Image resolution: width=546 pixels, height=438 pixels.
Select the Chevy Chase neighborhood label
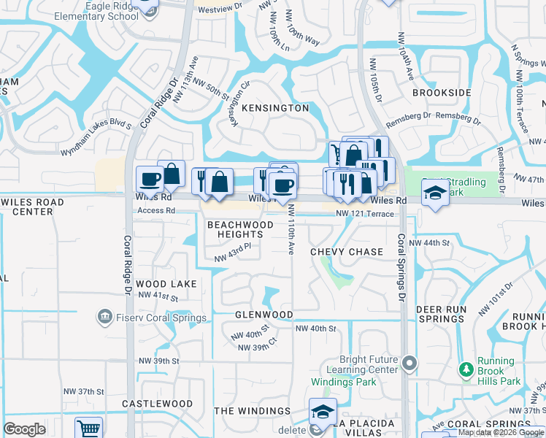[346, 252]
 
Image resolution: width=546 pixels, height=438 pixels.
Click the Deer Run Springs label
[440, 314]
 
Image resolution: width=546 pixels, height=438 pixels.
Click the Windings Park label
[343, 382]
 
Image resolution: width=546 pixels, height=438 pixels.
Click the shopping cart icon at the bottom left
[89, 428]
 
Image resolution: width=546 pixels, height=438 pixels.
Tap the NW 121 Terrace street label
[364, 213]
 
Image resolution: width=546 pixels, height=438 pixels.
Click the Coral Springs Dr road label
[401, 269]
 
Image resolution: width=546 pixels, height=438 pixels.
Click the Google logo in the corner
[25, 429]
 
